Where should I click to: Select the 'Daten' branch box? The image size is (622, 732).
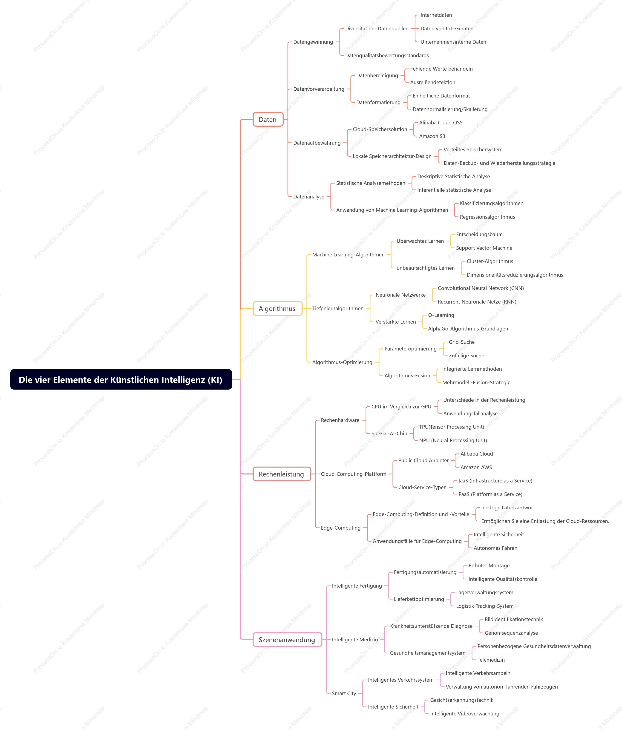[268, 120]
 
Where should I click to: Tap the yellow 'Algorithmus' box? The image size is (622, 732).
[277, 308]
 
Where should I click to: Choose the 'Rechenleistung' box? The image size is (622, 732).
[282, 474]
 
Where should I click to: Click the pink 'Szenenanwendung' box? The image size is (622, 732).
[287, 640]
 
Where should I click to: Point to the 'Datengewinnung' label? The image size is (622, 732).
[313, 42]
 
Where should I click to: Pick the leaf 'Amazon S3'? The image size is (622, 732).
[432, 136]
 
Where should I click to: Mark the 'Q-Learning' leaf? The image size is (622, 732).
[441, 315]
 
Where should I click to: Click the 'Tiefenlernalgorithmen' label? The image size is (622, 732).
[338, 308]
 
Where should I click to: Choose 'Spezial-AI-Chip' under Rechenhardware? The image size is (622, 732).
[389, 433]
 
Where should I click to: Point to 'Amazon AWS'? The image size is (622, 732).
[476, 467]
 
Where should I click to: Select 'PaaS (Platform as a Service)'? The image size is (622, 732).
[490, 494]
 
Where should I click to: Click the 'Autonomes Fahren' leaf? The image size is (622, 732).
[495, 548]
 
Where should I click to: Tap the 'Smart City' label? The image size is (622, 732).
[344, 693]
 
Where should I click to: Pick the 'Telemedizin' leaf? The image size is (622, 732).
[491, 660]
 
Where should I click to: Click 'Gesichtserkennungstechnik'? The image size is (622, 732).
[462, 700]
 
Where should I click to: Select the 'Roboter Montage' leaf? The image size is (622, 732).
[489, 566]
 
